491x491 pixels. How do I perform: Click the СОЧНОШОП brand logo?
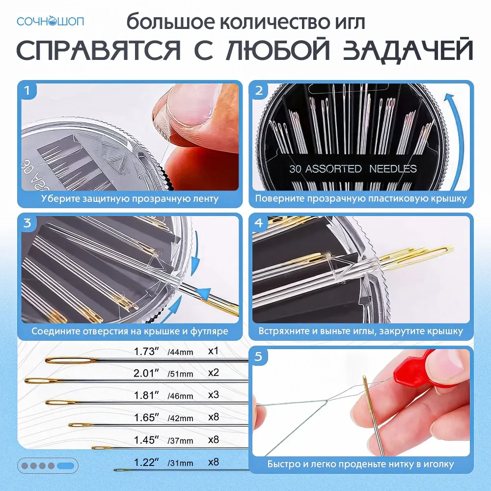(x=51, y=21)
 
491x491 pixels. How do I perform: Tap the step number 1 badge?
(x=27, y=90)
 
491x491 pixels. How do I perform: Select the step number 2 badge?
(x=259, y=90)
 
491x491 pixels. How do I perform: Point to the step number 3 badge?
(x=27, y=223)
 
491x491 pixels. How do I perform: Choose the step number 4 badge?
(x=259, y=223)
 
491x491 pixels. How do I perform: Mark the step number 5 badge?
(x=259, y=356)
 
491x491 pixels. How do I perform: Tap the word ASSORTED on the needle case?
(x=333, y=169)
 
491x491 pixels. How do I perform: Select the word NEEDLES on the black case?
(x=393, y=169)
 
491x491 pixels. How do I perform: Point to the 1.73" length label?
(x=146, y=352)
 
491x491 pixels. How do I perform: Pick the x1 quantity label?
(x=213, y=351)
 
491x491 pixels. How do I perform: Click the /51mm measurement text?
(x=180, y=374)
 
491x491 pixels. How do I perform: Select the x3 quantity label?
(x=213, y=395)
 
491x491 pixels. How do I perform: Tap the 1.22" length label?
(x=146, y=462)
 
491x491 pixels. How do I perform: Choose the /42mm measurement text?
(x=180, y=418)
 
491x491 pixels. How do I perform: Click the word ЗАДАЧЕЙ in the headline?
(x=408, y=50)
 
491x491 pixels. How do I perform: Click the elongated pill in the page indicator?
(x=66, y=466)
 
